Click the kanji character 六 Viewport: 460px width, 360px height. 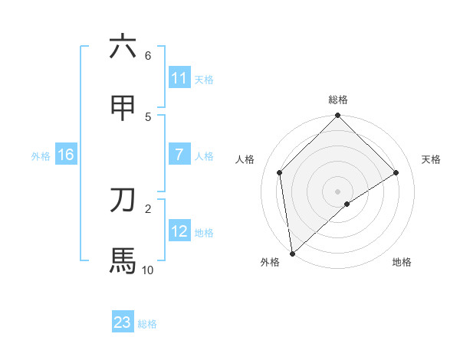coord(123,47)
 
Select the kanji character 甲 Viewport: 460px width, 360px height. coord(123,108)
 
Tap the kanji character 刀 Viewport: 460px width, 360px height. coord(123,200)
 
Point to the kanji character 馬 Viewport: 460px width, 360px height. coord(123,260)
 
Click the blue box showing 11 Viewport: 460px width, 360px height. coord(179,78)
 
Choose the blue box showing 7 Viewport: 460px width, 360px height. coord(179,155)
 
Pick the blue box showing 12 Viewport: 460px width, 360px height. coord(179,231)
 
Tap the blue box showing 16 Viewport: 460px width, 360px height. coord(66,155)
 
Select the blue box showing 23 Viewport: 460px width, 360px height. coord(123,322)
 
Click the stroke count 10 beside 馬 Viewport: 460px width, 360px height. coord(147,270)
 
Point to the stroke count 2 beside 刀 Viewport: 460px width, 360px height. coord(148,208)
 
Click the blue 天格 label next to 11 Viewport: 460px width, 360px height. coord(204,79)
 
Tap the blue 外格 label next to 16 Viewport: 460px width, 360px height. coord(41,155)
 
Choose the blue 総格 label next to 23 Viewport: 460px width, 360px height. coord(147,323)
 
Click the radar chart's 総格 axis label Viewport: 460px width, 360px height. coord(338,100)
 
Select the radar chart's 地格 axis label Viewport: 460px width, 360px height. coord(402,262)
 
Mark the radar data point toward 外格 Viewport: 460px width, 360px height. coord(292,254)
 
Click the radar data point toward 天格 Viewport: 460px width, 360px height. coord(396,172)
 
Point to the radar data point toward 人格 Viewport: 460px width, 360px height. coord(280,172)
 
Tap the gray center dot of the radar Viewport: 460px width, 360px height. coord(338,191)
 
